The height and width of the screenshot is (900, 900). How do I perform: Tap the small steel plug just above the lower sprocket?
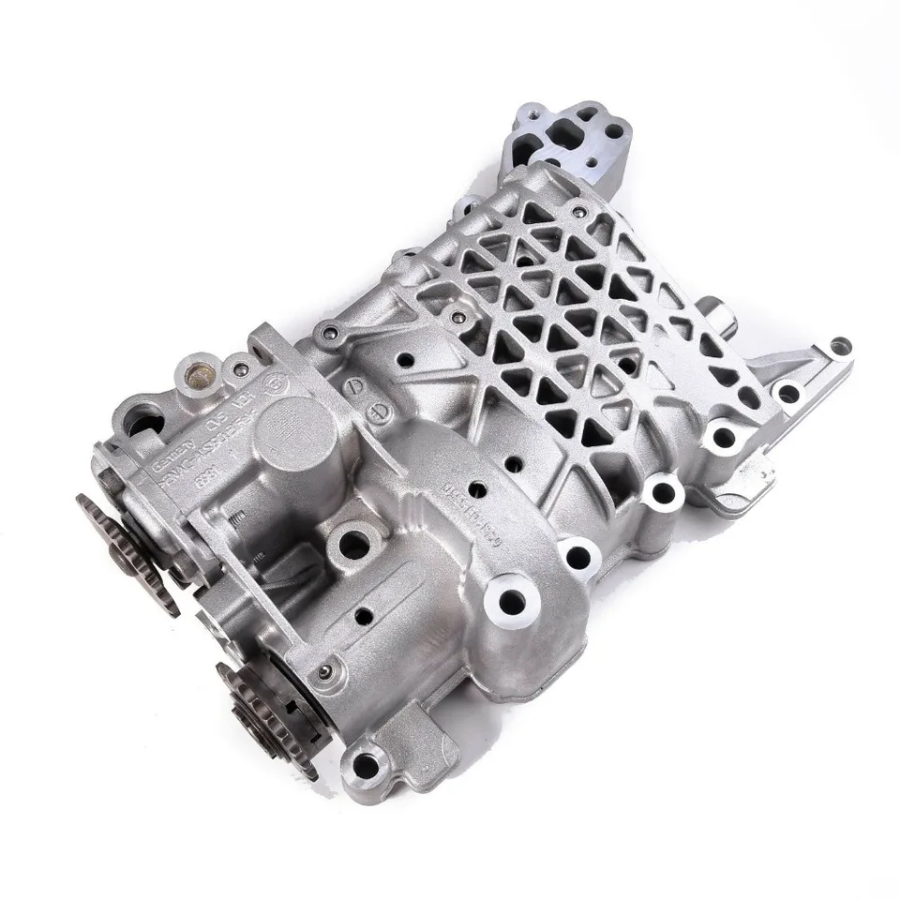coord(324,672)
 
